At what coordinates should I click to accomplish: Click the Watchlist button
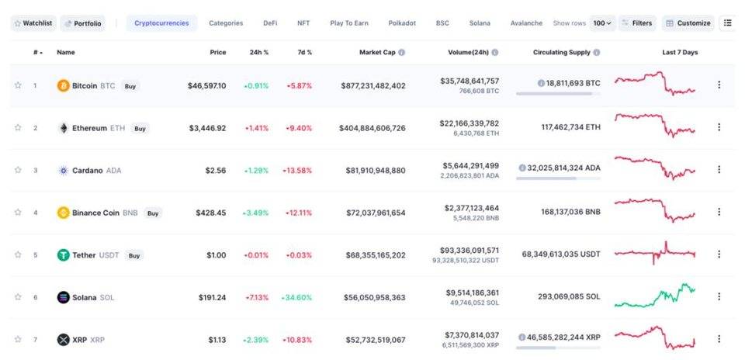coord(33,23)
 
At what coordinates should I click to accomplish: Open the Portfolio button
coord(82,23)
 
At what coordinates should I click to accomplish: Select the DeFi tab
coord(270,23)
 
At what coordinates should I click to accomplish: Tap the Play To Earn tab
coord(349,23)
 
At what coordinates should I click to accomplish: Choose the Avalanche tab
coord(527,23)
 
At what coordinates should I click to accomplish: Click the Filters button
coord(637,23)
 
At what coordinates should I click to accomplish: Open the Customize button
coord(688,23)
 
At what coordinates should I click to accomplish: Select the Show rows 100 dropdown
coord(602,23)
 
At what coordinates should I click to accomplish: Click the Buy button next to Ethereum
coord(140,128)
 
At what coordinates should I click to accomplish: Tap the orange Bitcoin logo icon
coord(64,85)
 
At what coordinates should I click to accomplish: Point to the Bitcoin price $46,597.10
coord(206,85)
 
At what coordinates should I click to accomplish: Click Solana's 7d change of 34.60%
coord(298,297)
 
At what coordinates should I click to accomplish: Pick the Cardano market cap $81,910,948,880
coord(372,170)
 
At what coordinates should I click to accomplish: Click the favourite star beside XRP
coord(18,339)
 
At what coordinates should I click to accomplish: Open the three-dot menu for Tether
coord(719,254)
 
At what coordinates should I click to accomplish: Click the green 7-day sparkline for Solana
coord(655,296)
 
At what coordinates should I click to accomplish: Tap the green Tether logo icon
coord(64,254)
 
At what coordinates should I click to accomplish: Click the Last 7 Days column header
coord(680,52)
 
